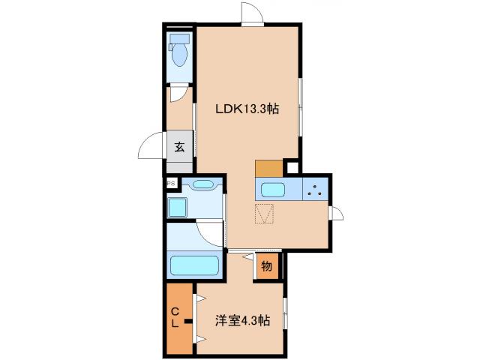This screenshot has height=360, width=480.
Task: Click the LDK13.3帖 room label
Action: pos(248,109)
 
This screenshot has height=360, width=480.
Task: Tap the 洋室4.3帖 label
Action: pos(243,319)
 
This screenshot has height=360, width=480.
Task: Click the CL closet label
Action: pos(174,318)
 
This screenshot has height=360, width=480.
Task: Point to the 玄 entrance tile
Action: pos(180,146)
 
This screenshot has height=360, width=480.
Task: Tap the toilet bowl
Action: pos(180,52)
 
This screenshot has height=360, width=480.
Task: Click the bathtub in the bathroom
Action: pos(194,265)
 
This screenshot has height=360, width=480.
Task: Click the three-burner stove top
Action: pos(316,190)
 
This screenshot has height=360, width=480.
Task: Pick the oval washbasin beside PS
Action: pos(203,184)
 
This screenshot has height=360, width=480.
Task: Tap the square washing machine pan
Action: pos(179,207)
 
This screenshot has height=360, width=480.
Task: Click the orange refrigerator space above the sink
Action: pos(268,168)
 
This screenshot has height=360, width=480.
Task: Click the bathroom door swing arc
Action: pos(209,232)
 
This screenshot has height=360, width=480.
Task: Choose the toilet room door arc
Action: pos(179,94)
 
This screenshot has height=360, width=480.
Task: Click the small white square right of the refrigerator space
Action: pos(292,168)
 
